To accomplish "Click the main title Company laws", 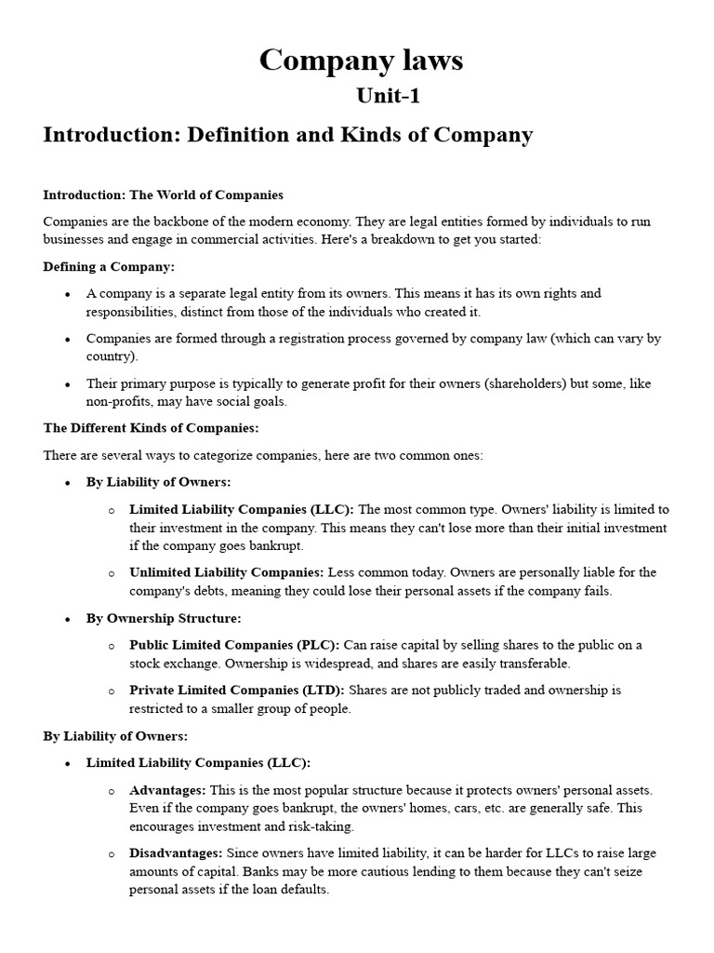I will point(361,60).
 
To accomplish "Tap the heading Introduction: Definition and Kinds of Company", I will point(288,135).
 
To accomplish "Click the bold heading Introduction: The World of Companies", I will point(163,195).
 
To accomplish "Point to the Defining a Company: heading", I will point(109,266).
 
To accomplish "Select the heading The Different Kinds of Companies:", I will point(151,428).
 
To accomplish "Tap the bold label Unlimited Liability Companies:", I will point(226,572).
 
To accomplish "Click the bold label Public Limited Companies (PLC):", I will point(234,645).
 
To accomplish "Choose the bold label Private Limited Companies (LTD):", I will point(236,691).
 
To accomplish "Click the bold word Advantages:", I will point(167,790).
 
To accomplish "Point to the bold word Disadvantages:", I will point(176,853).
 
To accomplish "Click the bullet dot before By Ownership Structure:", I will point(68,619).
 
